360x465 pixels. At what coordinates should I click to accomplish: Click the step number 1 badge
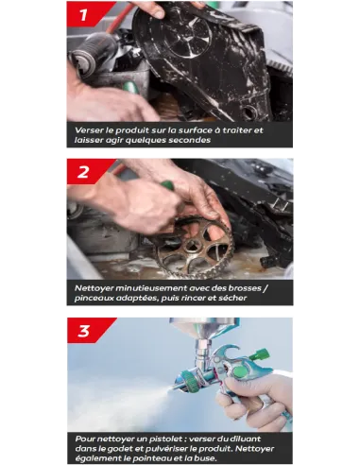coord(84,14)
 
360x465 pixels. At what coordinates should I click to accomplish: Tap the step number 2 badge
coord(84,172)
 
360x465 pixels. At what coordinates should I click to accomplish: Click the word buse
coord(208,458)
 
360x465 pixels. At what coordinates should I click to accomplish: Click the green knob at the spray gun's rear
coord(260,354)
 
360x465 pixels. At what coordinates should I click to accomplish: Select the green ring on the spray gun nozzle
coord(188,380)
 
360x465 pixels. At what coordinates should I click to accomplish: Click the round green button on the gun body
coord(240,371)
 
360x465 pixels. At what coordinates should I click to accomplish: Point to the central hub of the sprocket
coord(192,245)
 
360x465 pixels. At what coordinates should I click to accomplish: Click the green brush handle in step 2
coord(167,185)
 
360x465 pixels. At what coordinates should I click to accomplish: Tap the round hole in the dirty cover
coord(249,112)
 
